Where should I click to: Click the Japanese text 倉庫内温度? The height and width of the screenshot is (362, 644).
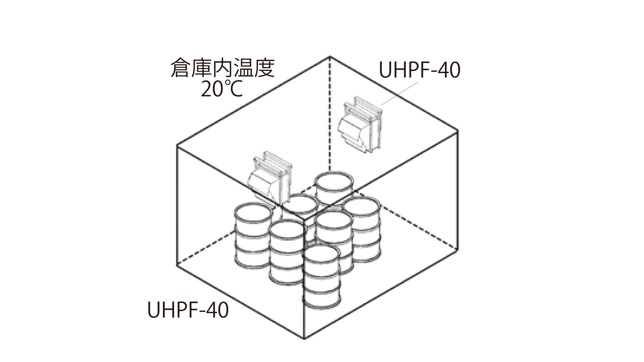[222, 68]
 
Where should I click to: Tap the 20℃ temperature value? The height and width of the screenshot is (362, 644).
[222, 89]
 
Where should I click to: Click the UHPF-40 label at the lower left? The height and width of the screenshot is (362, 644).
[188, 310]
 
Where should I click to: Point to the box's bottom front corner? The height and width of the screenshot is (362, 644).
[304, 339]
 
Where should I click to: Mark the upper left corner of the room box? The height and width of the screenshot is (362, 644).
[177, 145]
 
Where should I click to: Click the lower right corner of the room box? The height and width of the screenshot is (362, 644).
[458, 249]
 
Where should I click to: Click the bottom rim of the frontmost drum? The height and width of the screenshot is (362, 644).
[322, 304]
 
